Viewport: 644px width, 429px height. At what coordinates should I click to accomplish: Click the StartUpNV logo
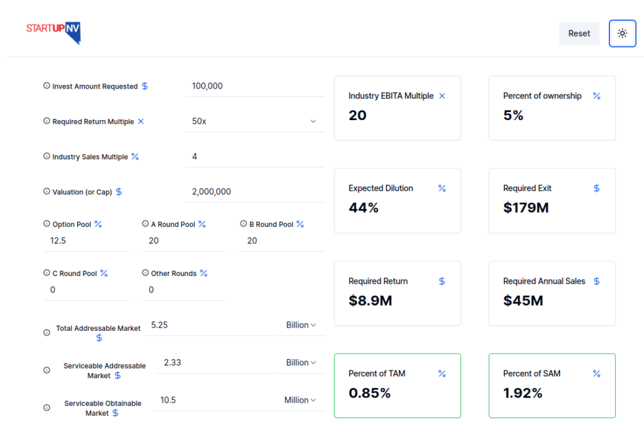tap(53, 33)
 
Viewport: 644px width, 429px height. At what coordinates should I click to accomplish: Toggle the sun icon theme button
tap(622, 33)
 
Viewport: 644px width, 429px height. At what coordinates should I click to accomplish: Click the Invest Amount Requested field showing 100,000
tap(255, 86)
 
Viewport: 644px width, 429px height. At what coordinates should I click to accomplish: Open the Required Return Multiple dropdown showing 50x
tap(255, 121)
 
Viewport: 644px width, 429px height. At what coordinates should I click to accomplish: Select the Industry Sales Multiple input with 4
tap(255, 157)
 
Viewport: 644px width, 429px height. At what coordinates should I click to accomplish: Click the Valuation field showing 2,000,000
tap(255, 192)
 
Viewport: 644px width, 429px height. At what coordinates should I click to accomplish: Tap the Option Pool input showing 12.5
tap(85, 241)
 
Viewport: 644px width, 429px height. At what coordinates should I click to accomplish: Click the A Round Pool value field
tap(184, 241)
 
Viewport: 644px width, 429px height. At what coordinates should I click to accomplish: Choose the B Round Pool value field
tap(282, 241)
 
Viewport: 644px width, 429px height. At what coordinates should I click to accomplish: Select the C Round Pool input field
tap(85, 290)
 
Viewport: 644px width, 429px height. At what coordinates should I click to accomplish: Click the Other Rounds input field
tap(184, 290)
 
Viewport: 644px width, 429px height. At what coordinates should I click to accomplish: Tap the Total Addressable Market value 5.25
tap(210, 325)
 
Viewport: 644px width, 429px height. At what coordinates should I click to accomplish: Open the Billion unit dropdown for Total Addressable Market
tap(301, 325)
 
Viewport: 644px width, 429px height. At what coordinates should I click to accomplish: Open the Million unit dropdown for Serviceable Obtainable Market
tap(300, 400)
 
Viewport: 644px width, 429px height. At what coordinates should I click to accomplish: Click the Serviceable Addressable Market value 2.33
tap(216, 363)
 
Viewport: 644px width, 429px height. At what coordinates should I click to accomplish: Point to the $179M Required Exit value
tap(526, 208)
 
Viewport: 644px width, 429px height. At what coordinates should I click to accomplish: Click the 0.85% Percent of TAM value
tap(370, 394)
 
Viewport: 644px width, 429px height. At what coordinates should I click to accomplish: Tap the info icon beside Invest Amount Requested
tap(47, 86)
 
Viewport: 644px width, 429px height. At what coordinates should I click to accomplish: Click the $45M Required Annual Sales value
tap(523, 301)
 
